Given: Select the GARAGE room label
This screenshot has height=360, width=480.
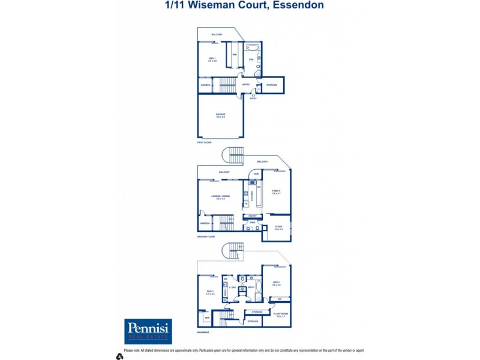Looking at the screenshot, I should (x=220, y=115).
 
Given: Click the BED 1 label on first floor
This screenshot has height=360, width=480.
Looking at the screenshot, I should (x=212, y=59).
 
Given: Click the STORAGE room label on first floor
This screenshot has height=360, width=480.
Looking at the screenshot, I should (x=272, y=85).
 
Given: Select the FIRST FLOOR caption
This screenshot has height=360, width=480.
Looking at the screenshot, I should (x=204, y=142).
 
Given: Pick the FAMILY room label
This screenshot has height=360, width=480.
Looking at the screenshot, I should (x=276, y=191).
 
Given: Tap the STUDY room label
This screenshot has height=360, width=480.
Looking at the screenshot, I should (x=278, y=227).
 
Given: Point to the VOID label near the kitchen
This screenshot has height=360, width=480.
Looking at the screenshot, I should (x=256, y=174).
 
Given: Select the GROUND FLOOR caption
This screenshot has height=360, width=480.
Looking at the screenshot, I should (x=206, y=237).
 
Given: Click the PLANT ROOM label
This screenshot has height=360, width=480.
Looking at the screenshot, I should (x=278, y=314).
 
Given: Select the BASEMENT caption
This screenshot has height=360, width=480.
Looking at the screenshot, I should (x=203, y=332).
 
